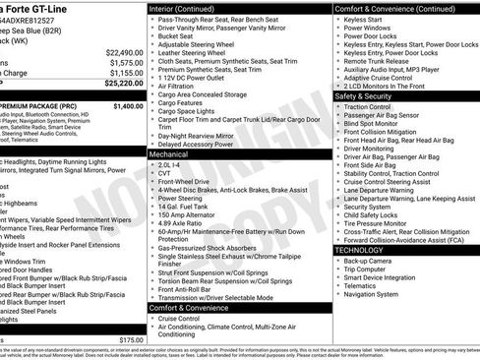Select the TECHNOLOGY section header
[360, 250]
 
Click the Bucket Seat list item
[180, 36]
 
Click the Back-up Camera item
[371, 260]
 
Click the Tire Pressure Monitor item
[380, 223]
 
